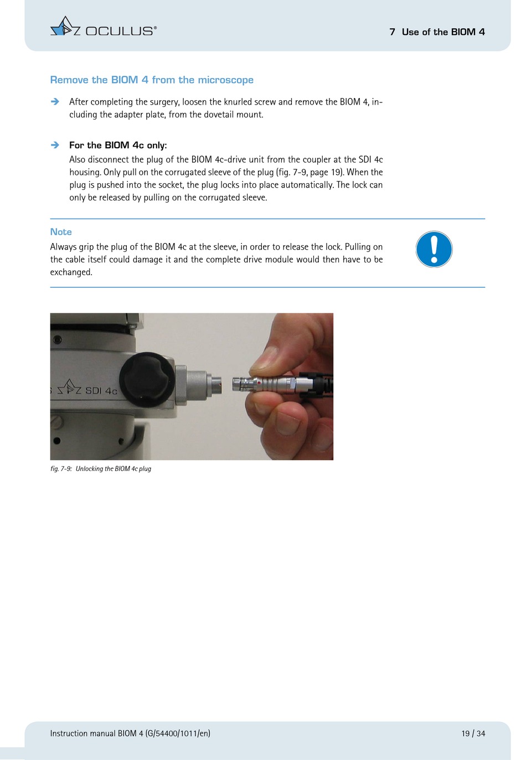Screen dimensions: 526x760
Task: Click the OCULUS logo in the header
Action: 103,27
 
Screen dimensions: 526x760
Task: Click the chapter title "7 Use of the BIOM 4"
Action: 437,32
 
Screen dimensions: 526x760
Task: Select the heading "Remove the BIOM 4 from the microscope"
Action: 152,80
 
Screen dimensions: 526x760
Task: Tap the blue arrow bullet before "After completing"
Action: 55,101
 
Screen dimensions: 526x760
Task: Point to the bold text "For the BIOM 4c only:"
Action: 118,145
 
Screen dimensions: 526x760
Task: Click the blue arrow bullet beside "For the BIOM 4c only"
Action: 55,145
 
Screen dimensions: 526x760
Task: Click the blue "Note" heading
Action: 61,232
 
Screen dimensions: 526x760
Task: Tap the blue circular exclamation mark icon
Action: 434,250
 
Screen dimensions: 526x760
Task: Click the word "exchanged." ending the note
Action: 71,272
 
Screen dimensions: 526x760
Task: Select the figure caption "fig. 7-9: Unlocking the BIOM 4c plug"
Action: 101,468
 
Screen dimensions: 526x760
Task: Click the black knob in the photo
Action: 147,379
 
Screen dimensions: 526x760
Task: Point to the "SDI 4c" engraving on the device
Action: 101,391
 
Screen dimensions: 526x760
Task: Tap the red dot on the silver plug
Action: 259,382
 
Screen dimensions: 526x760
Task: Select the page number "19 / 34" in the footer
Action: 473,733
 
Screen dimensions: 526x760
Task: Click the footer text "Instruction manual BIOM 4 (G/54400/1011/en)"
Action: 130,733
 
